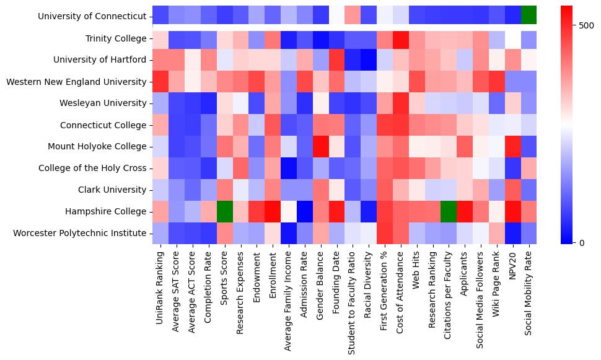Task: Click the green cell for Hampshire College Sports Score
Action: click(224, 211)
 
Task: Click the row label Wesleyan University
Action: click(103, 103)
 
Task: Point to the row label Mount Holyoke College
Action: click(99, 147)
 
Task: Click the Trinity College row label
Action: click(116, 38)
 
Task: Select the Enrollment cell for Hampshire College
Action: click(273, 211)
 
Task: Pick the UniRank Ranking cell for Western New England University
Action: click(160, 81)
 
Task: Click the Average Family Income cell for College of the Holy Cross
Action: click(289, 168)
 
